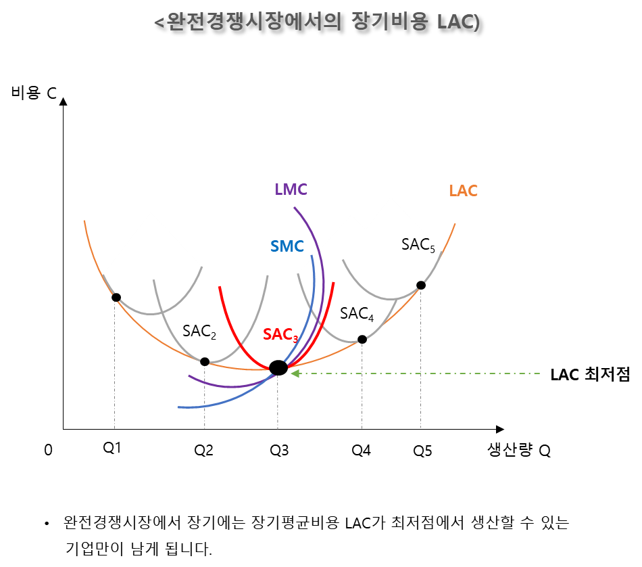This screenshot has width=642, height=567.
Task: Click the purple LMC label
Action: [291, 189]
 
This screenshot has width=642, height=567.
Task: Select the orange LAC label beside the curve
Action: [463, 191]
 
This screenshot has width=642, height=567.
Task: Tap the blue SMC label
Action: [287, 246]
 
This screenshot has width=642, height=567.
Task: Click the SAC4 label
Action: [357, 314]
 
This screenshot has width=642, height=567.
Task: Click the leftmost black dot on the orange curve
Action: [116, 298]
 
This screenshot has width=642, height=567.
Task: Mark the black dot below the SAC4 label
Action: [362, 339]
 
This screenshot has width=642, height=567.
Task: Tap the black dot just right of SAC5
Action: [420, 285]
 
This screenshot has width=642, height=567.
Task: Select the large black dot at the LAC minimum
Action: [278, 369]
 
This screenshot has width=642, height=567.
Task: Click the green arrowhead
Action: [295, 373]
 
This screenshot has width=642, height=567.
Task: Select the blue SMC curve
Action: [312, 284]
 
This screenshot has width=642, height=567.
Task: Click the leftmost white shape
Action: [151, 264]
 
